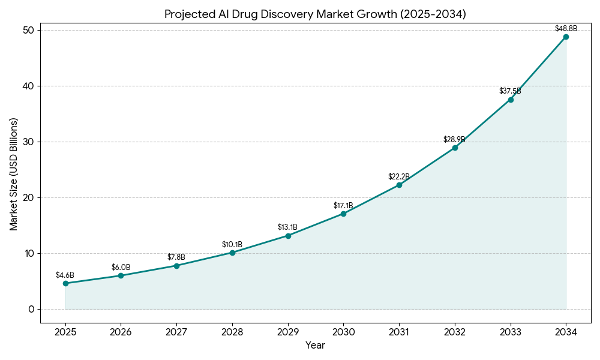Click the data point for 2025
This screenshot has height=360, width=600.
(65, 283)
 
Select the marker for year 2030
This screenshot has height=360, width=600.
(343, 214)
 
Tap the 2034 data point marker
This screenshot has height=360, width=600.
(566, 37)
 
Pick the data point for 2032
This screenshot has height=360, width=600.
(455, 148)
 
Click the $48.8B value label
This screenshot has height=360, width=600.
(566, 28)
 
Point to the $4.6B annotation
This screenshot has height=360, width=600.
(65, 275)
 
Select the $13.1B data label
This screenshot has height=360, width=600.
(287, 227)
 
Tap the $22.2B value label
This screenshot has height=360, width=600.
(399, 176)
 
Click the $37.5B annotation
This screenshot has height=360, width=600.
(510, 91)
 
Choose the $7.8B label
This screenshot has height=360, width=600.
(176, 257)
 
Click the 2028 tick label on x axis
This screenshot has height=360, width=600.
(232, 332)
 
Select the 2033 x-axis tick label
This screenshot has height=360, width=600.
(510, 332)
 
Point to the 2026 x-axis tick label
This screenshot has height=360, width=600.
(121, 332)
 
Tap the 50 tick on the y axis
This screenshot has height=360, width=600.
(29, 30)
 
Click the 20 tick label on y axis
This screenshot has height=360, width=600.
(29, 197)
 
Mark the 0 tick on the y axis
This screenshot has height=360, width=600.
(31, 309)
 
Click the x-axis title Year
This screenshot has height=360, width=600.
(315, 345)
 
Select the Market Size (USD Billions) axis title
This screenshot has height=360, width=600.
(14, 174)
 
